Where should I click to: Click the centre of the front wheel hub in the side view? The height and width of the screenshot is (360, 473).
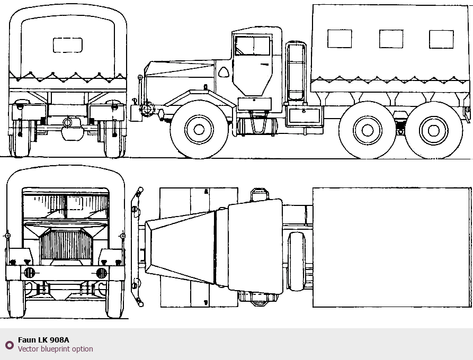[199, 130]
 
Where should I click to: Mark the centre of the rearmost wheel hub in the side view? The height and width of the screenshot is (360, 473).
[433, 131]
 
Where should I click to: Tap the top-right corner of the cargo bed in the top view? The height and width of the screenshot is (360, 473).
[470, 188]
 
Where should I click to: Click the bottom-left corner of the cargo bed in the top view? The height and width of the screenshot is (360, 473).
[313, 307]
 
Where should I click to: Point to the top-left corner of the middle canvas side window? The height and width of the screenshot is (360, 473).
[379, 30]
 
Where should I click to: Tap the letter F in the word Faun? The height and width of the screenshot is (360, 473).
[20, 340]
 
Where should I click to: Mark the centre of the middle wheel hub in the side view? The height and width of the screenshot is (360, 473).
[368, 130]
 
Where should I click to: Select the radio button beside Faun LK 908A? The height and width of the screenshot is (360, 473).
[10, 345]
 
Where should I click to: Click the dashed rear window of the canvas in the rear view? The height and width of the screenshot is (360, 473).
[68, 45]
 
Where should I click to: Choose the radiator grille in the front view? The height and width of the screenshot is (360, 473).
[66, 244]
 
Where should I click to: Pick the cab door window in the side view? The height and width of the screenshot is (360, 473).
[253, 46]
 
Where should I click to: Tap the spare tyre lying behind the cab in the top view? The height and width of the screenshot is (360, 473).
[297, 262]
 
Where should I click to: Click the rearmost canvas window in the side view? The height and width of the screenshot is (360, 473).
[441, 39]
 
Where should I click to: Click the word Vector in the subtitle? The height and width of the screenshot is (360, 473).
[29, 349]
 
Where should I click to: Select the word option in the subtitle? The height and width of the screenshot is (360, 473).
[84, 349]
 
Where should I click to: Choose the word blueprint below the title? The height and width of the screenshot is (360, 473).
[56, 349]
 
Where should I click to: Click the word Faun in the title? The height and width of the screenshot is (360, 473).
[27, 340]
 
